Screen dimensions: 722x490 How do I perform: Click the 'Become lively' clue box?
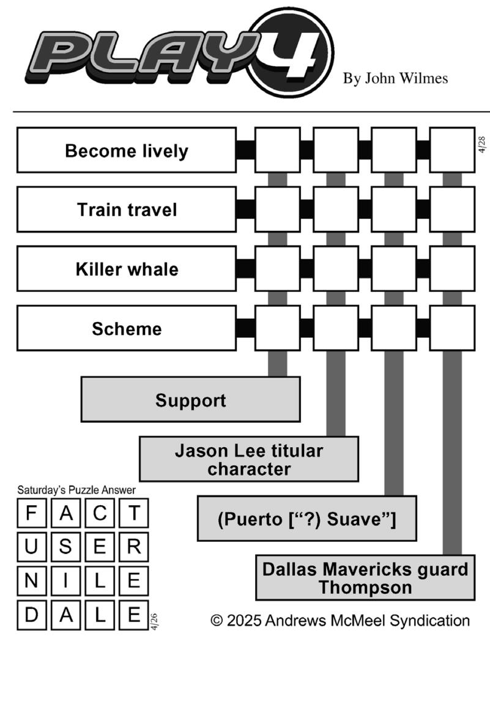[126, 150]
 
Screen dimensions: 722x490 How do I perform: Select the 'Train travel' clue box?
[126, 210]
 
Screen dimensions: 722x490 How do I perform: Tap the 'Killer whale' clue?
[126, 269]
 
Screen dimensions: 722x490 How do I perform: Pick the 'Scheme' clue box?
[126, 328]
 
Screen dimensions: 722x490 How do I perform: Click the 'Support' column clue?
[190, 400]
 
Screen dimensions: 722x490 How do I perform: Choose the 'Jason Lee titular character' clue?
[248, 459]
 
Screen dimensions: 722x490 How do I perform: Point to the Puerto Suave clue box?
[306, 519]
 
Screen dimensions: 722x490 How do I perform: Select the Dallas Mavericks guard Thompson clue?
[365, 578]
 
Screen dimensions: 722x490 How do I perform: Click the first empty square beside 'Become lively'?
[277, 150]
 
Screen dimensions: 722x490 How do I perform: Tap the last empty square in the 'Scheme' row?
[452, 328]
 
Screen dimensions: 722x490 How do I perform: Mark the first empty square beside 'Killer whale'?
[277, 269]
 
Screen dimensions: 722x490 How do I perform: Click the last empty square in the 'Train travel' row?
[452, 210]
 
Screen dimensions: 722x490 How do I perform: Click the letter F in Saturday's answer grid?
[31, 514]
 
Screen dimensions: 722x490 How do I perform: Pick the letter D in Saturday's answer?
[31, 614]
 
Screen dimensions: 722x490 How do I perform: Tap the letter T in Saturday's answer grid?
[132, 514]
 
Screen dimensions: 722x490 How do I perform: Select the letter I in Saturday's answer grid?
[65, 582]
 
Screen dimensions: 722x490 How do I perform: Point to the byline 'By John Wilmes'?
[395, 79]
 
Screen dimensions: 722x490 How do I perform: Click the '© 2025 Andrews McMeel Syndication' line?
[340, 621]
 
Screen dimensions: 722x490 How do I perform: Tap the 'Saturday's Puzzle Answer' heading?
[76, 490]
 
